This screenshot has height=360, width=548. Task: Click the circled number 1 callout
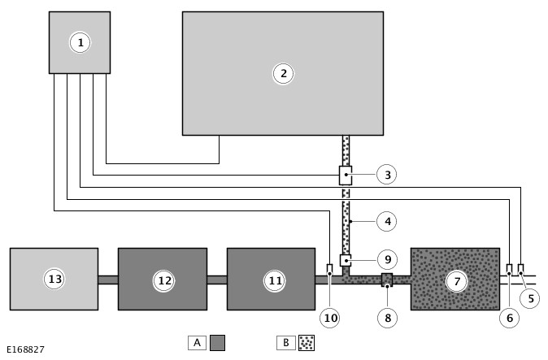tap(80, 42)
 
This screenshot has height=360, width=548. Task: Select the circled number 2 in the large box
tap(283, 74)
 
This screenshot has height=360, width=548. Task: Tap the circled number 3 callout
tap(386, 174)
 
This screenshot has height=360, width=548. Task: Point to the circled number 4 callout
tap(386, 221)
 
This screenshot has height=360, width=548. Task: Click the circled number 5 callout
tap(530, 298)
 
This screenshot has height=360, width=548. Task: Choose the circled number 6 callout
tap(510, 318)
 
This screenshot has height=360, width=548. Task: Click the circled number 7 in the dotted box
tap(456, 280)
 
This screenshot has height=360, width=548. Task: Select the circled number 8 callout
tap(388, 318)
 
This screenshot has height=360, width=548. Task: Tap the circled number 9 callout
tap(388, 259)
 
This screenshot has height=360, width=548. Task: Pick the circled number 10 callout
tap(330, 318)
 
